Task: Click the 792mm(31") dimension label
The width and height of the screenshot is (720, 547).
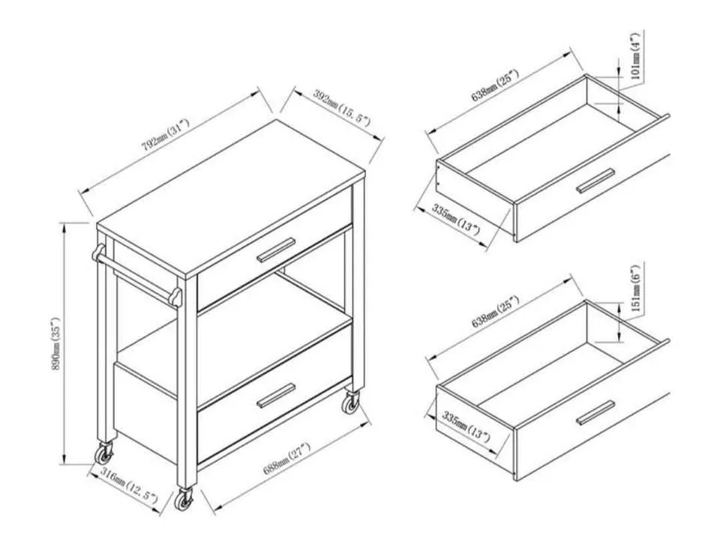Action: click(166, 133)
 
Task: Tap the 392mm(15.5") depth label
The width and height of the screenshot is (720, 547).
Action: click(331, 107)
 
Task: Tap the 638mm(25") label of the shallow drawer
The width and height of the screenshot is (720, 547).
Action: click(496, 85)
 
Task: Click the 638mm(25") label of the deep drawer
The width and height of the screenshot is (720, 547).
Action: click(496, 312)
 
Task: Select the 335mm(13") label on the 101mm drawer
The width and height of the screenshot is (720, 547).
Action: click(456, 220)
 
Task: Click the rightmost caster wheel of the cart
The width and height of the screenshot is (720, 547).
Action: click(351, 405)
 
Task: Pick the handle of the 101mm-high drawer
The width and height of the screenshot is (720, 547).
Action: click(595, 181)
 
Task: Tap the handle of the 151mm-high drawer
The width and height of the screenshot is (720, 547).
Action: click(595, 411)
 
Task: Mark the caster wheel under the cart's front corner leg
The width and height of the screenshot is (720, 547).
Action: click(184, 500)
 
